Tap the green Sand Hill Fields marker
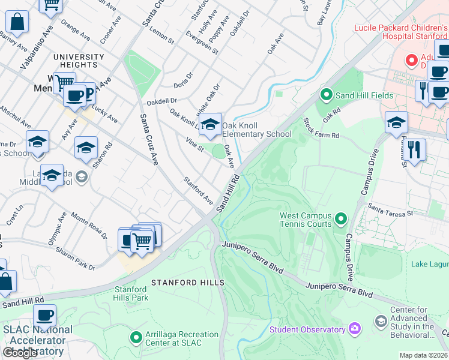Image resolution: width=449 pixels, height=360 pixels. click(x=326, y=95)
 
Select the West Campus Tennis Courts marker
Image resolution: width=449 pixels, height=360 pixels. click(x=341, y=217)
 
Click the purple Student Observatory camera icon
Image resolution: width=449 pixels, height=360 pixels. click(x=355, y=329)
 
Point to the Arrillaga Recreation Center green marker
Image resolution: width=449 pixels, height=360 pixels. click(x=136, y=338)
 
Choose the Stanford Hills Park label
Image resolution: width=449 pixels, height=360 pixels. click(x=131, y=293)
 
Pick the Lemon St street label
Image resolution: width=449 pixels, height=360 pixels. click(x=162, y=38)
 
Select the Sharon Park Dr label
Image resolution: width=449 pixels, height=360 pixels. click(x=75, y=257)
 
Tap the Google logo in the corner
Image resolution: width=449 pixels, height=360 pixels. click(x=20, y=353)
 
